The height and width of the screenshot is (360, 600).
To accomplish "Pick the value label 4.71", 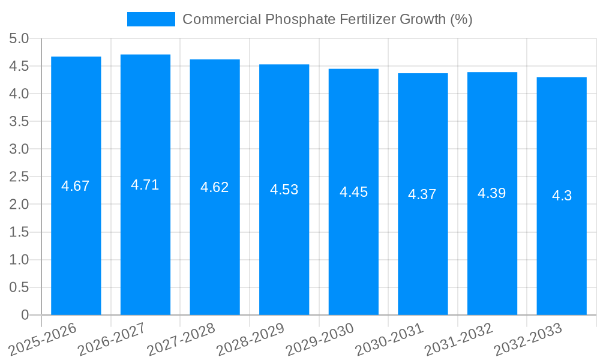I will pyautogui.click(x=145, y=185).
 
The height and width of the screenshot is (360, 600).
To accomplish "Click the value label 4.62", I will pyautogui.click(x=215, y=187).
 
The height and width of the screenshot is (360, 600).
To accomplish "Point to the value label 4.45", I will pyautogui.click(x=353, y=192).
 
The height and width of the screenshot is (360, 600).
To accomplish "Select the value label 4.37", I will pyautogui.click(x=422, y=194).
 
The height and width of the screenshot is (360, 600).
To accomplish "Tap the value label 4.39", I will pyautogui.click(x=492, y=193).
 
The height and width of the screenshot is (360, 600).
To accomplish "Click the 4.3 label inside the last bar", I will pyautogui.click(x=562, y=196).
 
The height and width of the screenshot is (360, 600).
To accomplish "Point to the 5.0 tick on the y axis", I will pyautogui.click(x=19, y=38).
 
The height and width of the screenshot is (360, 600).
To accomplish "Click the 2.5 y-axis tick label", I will pyautogui.click(x=19, y=176).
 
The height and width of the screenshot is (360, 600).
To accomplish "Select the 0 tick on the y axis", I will pyautogui.click(x=25, y=314).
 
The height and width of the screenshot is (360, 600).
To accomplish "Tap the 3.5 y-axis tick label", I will pyautogui.click(x=19, y=121).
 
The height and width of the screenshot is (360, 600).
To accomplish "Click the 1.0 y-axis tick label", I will pyautogui.click(x=19, y=259).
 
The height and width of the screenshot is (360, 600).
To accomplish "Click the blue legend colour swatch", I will pyautogui.click(x=151, y=19).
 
